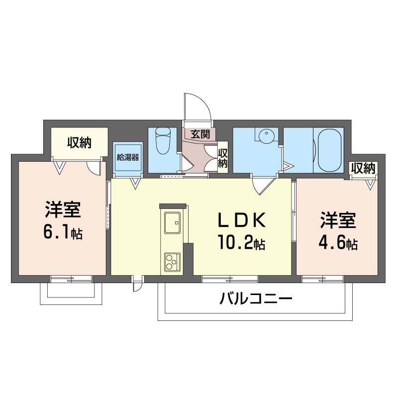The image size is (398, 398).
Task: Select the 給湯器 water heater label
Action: (x=128, y=157)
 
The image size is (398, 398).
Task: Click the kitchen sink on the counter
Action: (x=172, y=224)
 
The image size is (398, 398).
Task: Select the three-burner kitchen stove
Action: (x=172, y=261)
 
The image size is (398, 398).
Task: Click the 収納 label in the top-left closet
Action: (x=80, y=143)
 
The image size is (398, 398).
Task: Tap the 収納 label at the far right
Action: (x=363, y=168)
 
